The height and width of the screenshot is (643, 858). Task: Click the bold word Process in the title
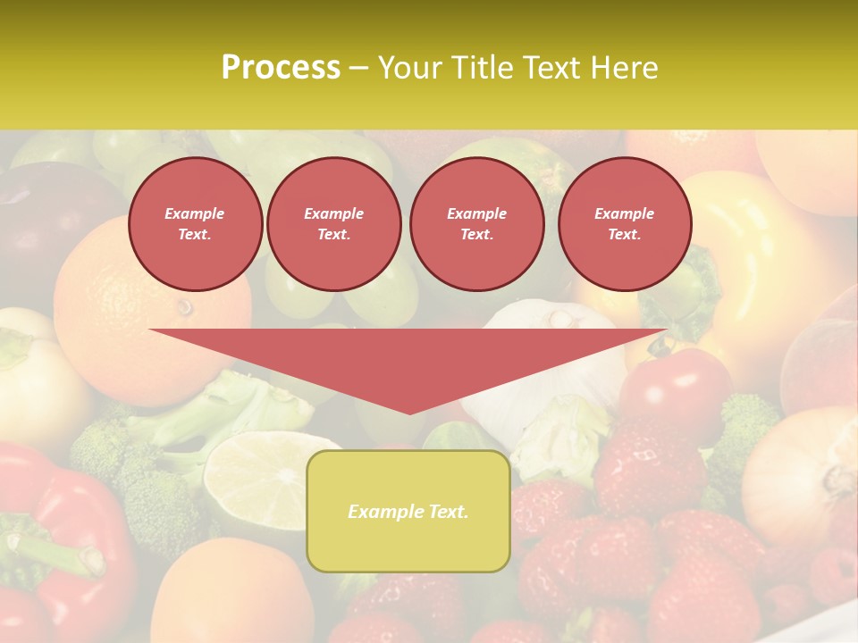click(x=281, y=68)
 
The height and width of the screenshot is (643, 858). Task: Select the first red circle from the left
click(x=195, y=224)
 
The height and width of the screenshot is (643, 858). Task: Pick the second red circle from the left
click(x=333, y=224)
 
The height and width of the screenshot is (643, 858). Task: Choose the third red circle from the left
click(x=476, y=224)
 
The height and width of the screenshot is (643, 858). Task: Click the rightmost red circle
click(x=624, y=224)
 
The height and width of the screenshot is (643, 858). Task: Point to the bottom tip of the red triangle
click(x=409, y=413)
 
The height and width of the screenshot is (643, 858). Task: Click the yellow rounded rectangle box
click(x=408, y=545)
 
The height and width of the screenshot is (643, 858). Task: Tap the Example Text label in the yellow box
click(x=408, y=512)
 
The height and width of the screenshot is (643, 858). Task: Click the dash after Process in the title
click(x=358, y=68)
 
